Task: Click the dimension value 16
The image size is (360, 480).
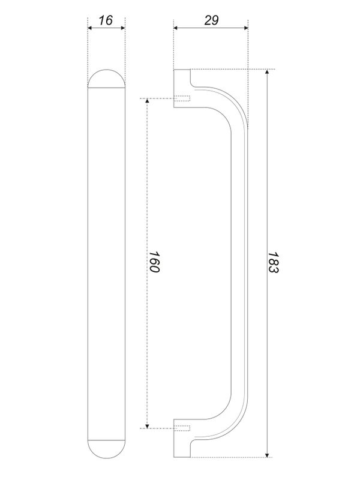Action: tap(106, 20)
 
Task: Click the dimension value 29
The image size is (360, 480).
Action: tap(211, 20)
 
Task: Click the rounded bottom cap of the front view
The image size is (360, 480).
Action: tap(106, 449)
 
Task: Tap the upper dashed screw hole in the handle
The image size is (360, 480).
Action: tap(182, 99)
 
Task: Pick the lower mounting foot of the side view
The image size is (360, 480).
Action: tap(182, 446)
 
